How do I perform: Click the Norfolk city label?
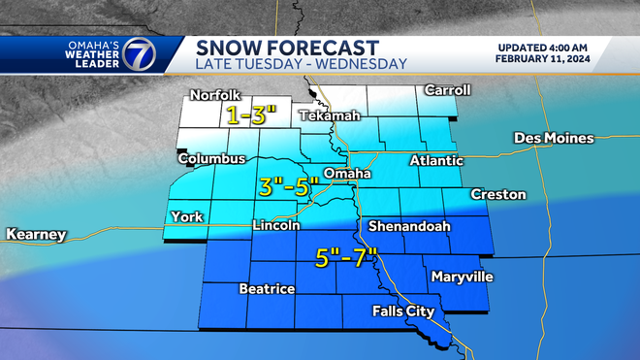tap(214, 95)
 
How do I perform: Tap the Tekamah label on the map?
tap(329, 115)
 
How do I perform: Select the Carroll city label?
tap(447, 90)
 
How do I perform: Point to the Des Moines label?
tap(553, 138)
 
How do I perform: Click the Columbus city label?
tap(209, 158)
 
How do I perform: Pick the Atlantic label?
tap(436, 160)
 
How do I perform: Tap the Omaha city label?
tap(347, 174)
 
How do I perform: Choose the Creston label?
tap(498, 194)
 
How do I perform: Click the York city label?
tap(186, 216)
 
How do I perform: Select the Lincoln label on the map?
tap(274, 225)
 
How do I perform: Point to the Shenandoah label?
tap(406, 226)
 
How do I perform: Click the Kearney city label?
tap(36, 235)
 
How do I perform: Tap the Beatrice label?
tap(267, 289)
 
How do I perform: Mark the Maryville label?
tap(463, 278)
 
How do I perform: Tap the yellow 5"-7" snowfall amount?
tap(346, 259)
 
